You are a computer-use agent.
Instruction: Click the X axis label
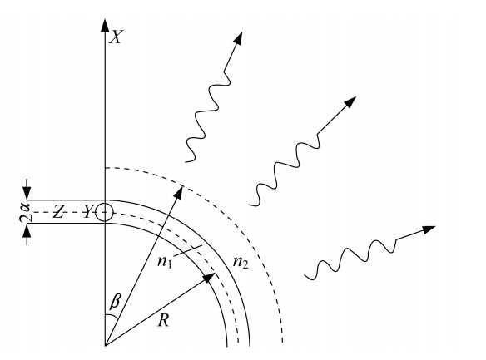pyautogui.click(x=117, y=37)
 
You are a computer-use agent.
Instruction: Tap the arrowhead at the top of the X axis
pyautogui.click(x=105, y=26)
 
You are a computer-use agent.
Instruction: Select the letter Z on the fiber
pyautogui.click(x=57, y=212)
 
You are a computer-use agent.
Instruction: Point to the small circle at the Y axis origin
pyautogui.click(x=105, y=212)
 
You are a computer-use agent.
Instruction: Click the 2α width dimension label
pyautogui.click(x=25, y=213)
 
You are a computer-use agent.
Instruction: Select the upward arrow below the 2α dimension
pyautogui.click(x=27, y=234)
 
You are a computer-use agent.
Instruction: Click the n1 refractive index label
pyautogui.click(x=165, y=262)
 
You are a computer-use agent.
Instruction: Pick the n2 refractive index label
pyautogui.click(x=241, y=263)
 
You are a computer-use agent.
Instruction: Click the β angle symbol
pyautogui.click(x=115, y=301)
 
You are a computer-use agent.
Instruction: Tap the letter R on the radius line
pyautogui.click(x=163, y=320)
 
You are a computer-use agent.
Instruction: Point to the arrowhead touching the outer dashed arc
pyautogui.click(x=179, y=191)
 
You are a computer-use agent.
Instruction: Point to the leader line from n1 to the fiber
pyautogui.click(x=187, y=251)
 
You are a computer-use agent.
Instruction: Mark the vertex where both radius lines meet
pyautogui.click(x=105, y=345)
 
